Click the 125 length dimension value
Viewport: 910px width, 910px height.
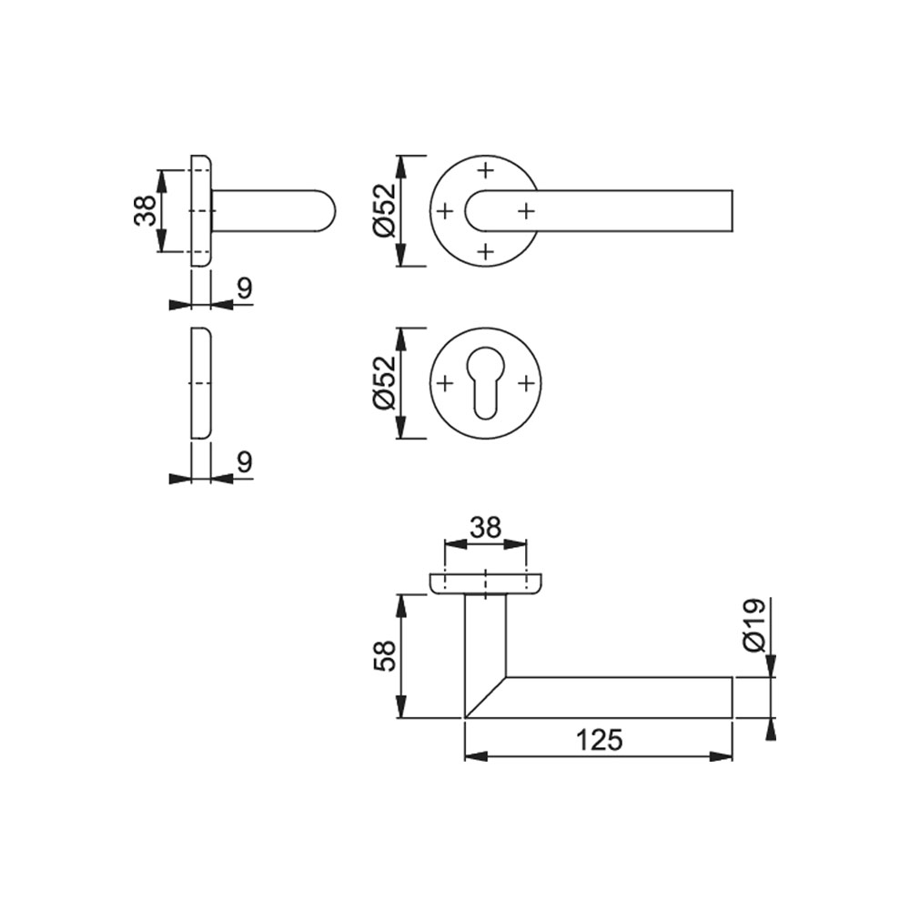598,740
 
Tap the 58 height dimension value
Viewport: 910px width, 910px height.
385,655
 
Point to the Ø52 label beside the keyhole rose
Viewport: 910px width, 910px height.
385,383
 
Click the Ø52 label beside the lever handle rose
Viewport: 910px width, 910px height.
385,210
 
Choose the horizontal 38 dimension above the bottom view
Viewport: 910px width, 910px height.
485,527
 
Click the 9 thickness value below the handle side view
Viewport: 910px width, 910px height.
244,288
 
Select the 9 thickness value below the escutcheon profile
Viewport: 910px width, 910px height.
244,461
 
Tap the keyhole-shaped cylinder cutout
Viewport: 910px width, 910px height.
485,383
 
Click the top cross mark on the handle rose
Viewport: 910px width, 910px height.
485,169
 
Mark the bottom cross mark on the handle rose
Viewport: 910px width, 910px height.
485,251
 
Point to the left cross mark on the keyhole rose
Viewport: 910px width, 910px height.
445,383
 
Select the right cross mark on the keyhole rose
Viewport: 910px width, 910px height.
526,383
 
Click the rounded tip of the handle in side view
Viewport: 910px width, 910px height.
328,210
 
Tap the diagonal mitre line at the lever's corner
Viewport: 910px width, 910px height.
485,697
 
